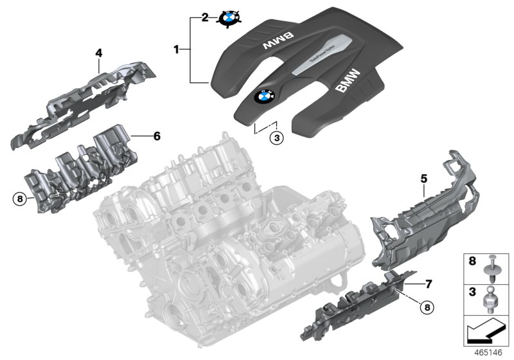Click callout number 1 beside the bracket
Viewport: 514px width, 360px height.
[177, 48]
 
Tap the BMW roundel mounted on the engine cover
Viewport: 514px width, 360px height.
[264, 96]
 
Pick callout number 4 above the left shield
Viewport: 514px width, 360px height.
[99, 53]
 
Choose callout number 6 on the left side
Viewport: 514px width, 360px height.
[155, 136]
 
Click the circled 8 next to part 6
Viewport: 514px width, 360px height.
[20, 199]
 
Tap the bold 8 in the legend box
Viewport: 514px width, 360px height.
[472, 262]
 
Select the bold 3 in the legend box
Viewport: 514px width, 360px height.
[472, 292]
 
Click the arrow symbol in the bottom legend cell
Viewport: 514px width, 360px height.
[486, 334]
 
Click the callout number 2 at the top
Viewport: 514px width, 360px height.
[205, 17]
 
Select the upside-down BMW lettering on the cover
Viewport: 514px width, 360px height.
[277, 42]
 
